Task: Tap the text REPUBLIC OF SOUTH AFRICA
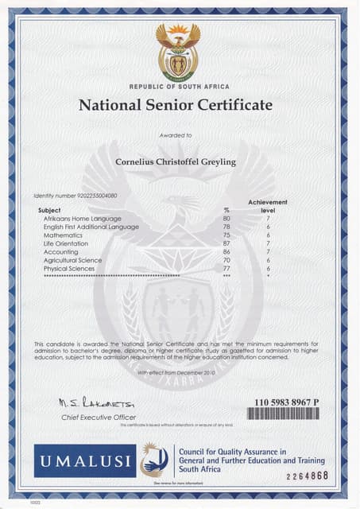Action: tap(178, 86)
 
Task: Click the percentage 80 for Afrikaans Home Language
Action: tap(226, 218)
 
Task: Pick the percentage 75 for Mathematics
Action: tap(226, 235)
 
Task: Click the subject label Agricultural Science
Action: tap(73, 260)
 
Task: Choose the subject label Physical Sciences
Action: tap(70, 269)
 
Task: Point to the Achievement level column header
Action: tap(267, 206)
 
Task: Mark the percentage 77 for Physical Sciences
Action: tap(226, 269)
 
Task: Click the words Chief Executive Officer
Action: tap(99, 417)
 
